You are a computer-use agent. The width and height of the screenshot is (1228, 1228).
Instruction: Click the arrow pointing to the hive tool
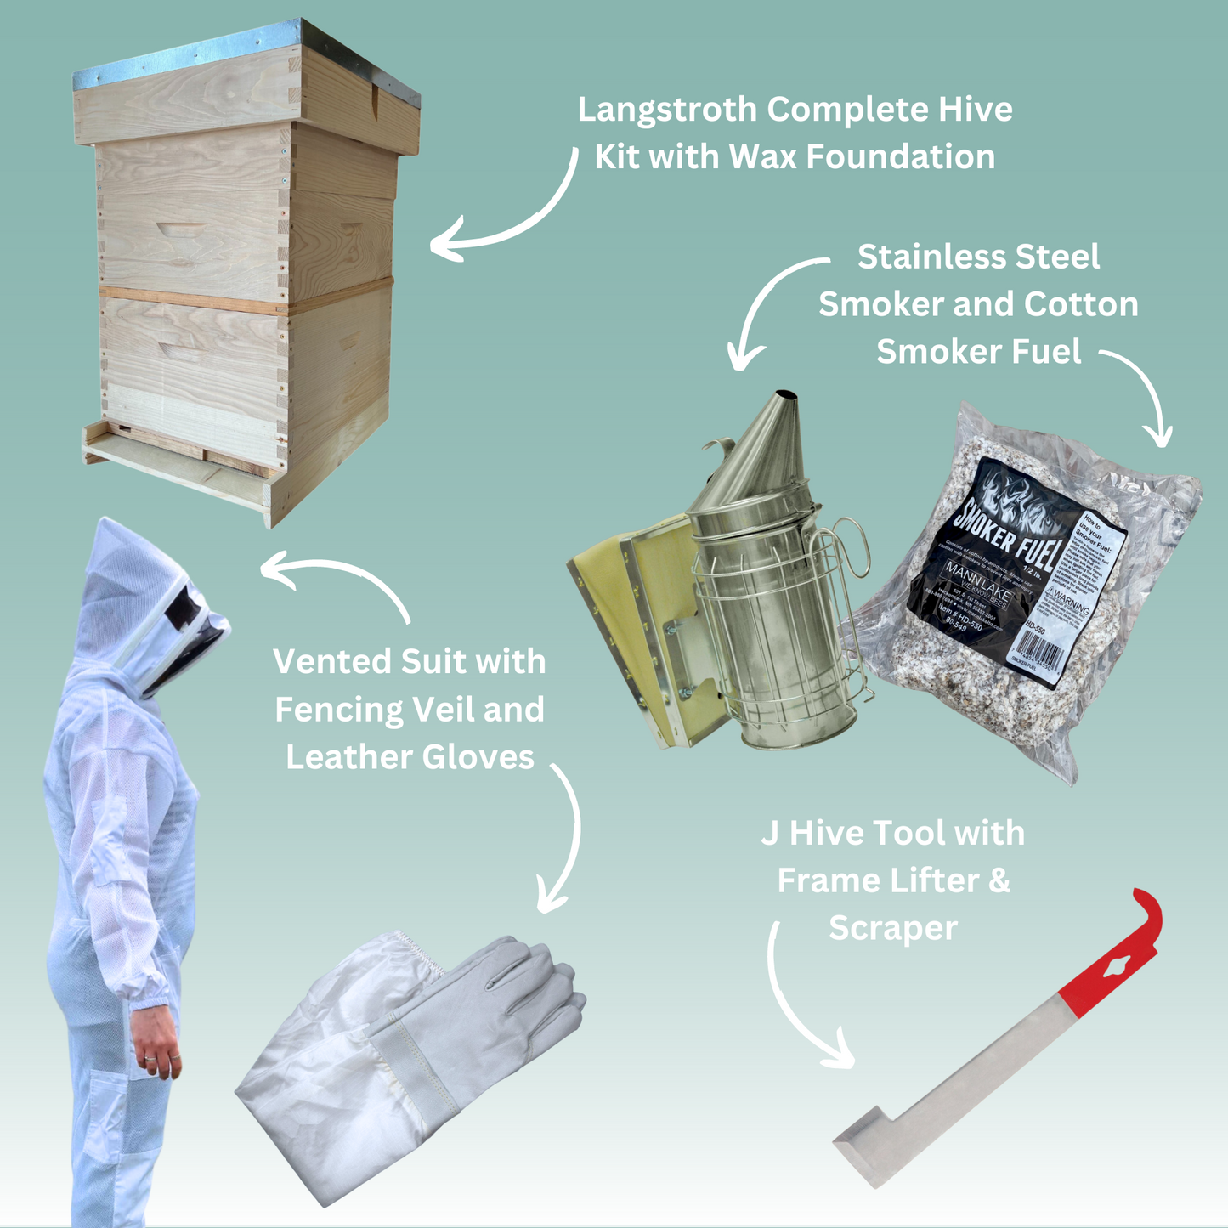(799, 1003)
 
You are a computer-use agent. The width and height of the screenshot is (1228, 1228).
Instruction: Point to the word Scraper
(892, 928)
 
